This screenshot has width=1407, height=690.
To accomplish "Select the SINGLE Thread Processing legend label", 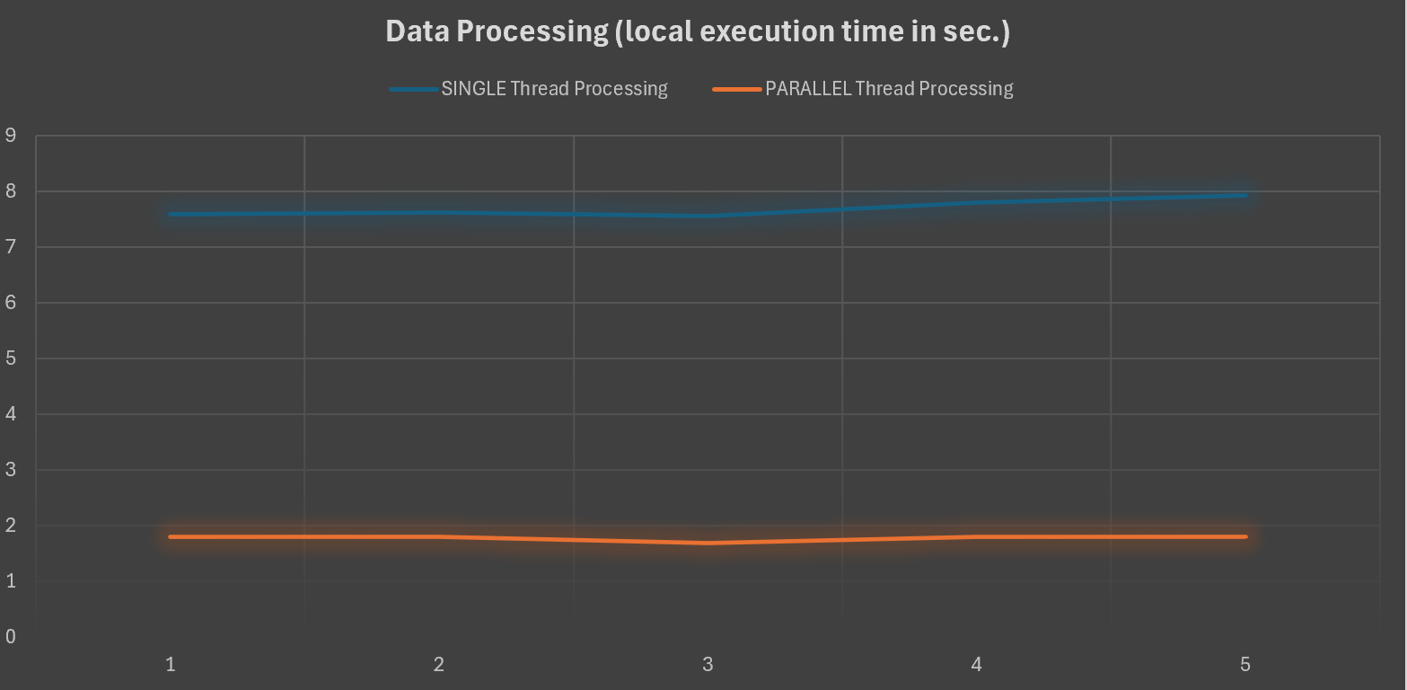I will coord(554,89).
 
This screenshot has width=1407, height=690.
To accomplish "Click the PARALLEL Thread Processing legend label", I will coord(889,89).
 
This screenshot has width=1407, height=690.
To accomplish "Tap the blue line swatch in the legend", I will coord(413,89).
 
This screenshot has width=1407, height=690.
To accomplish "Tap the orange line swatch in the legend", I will coord(736,89).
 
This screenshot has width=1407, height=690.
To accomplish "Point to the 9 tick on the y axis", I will coord(11,136).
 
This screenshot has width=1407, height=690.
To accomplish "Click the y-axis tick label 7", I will coord(11,247).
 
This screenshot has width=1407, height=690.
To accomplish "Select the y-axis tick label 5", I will coord(11,358).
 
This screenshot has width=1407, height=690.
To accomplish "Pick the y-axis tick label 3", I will coord(11,470).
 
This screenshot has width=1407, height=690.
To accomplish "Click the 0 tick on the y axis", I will coord(11,637).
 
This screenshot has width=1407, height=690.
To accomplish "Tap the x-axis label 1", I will coord(170,665).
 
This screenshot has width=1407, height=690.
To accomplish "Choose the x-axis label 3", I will coord(708,665).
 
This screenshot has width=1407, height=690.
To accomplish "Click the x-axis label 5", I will coord(1244,665).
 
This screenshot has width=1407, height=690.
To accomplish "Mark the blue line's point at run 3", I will coord(708,216).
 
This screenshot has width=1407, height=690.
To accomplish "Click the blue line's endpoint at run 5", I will coord(1244,195).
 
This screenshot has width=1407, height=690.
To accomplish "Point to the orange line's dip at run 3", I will coord(708,543).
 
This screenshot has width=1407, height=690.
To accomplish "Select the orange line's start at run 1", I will coord(171,536).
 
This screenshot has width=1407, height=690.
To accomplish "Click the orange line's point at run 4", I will coord(976,536).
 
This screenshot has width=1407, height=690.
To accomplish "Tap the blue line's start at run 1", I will coord(171,214).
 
